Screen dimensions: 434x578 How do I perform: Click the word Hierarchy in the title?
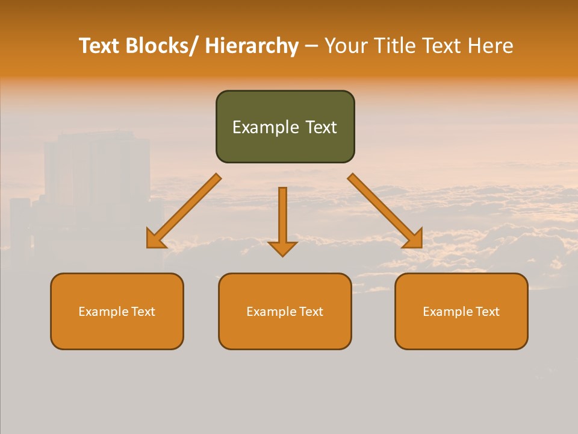[x=252, y=46]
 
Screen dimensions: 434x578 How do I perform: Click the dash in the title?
[x=311, y=46]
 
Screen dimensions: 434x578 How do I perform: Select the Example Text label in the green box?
[x=285, y=127]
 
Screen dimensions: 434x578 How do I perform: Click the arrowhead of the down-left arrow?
[x=157, y=239]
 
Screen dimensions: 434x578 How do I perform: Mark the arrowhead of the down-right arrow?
[x=412, y=239]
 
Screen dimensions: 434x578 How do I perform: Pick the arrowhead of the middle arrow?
[x=283, y=248]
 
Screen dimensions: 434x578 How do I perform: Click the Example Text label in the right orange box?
[x=461, y=312]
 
